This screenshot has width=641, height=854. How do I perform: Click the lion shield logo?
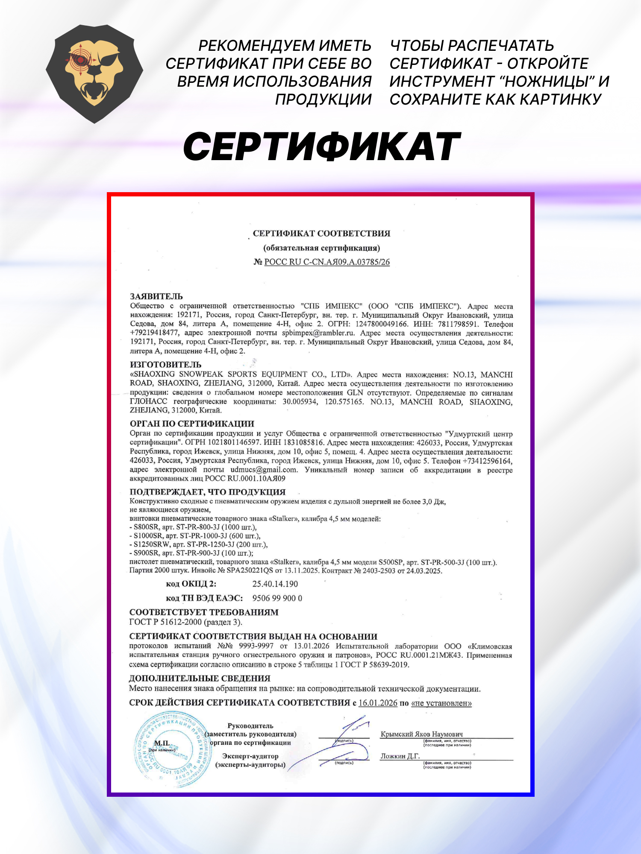tap(94, 73)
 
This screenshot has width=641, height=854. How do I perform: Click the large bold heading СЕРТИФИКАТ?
tap(322, 146)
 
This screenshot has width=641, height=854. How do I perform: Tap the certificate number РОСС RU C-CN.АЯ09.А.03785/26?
tap(327, 262)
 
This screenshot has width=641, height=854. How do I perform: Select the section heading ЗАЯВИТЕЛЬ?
tap(156, 296)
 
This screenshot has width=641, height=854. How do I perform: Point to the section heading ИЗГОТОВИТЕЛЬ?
tap(165, 365)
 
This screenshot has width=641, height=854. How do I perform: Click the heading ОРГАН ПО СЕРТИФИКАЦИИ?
tap(192, 424)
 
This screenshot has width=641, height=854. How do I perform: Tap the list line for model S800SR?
tap(193, 527)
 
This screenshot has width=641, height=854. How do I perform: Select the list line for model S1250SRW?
tap(199, 544)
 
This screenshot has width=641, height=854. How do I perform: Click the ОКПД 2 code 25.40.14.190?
tap(275, 584)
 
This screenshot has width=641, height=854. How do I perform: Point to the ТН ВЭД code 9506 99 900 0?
tap(277, 598)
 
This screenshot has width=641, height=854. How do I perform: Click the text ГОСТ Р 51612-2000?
tap(166, 622)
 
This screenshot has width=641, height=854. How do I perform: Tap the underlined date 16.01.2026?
tap(378, 703)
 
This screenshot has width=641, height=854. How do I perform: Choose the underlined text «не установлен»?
tap(441, 703)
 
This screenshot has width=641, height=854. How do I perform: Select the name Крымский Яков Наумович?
tap(421, 734)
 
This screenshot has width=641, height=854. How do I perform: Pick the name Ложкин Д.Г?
tap(400, 756)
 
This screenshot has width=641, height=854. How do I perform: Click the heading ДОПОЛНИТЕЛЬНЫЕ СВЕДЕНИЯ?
tap(200, 679)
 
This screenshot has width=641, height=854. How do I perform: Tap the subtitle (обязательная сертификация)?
tap(321, 248)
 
